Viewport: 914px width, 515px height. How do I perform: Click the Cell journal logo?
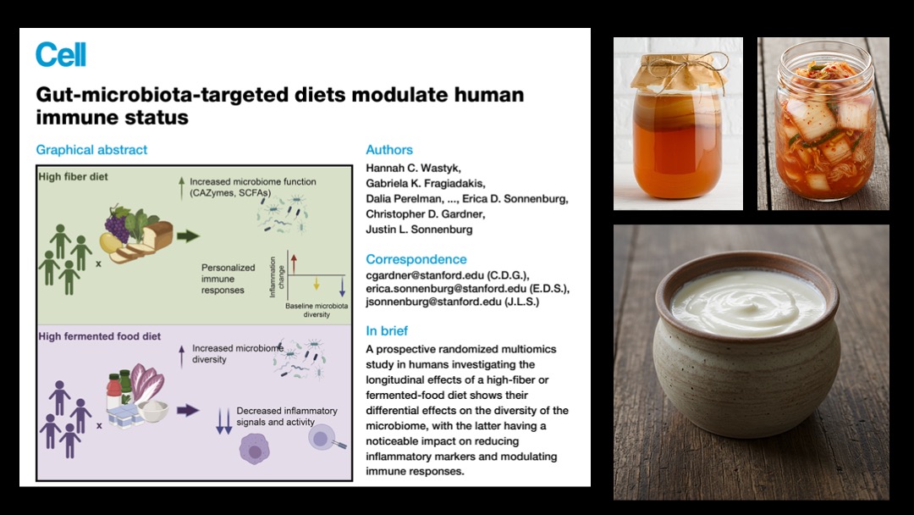(x=61, y=55)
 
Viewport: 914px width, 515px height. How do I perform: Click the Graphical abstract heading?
(x=91, y=150)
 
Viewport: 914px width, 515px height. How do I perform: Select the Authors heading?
(x=389, y=150)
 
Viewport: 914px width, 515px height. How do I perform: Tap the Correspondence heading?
(x=416, y=259)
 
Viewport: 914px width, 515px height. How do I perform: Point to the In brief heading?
(x=387, y=330)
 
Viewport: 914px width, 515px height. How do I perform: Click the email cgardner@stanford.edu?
(x=416, y=274)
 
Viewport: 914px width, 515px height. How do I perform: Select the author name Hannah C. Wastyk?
(x=413, y=168)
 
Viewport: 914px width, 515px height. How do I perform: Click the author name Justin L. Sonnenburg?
(x=419, y=230)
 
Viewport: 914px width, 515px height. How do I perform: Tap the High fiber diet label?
(x=74, y=177)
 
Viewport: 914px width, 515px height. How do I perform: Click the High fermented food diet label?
(x=100, y=336)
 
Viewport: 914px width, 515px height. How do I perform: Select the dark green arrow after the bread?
(x=188, y=236)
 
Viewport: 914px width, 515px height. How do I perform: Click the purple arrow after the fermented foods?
(x=188, y=410)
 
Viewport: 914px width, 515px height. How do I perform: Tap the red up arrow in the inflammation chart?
(x=294, y=263)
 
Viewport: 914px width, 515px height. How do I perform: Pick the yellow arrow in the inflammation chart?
(x=317, y=284)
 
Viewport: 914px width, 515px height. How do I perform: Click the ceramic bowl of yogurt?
(x=746, y=344)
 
